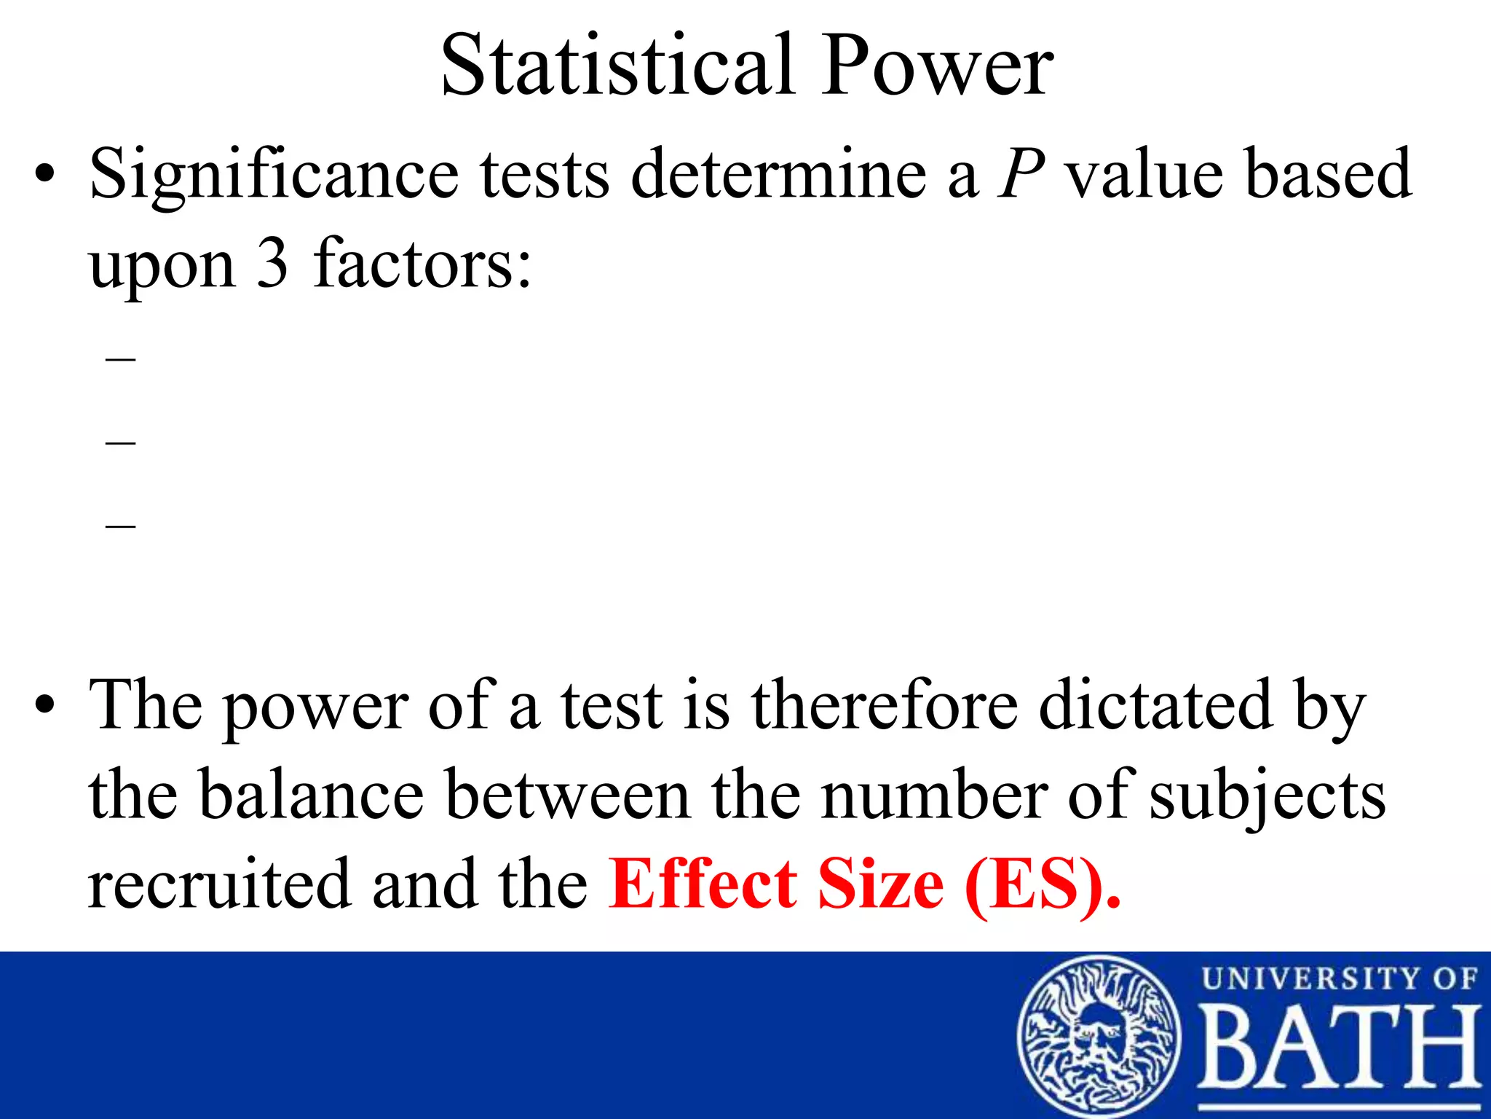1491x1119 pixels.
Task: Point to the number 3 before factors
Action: pyautogui.click(x=272, y=264)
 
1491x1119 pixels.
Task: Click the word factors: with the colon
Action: pyautogui.click(x=423, y=264)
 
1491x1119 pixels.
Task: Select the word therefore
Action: pyautogui.click(x=885, y=705)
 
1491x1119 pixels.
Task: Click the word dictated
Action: pyautogui.click(x=1155, y=705)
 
